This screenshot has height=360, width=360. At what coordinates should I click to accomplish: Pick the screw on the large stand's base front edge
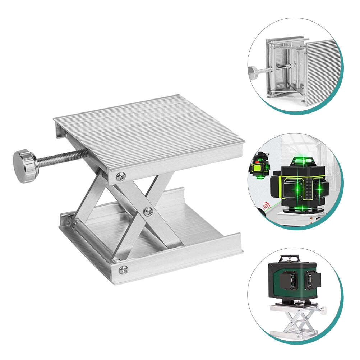pos(123,269)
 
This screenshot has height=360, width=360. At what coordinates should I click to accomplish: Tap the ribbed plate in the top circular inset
pos(322,72)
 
